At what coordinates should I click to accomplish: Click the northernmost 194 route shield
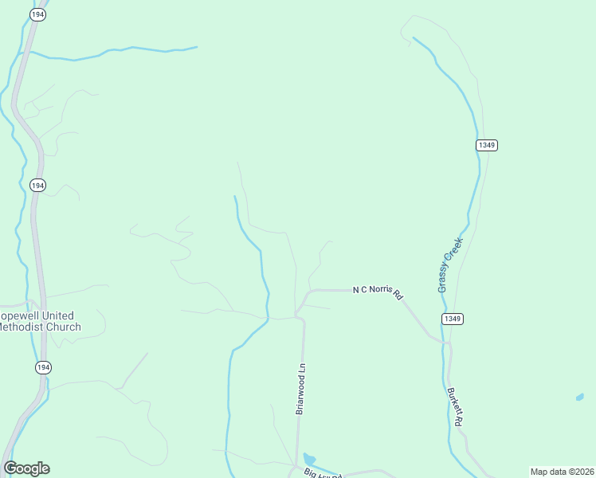coord(37,14)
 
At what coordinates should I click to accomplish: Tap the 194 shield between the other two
coord(37,185)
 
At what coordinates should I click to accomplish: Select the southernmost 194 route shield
coord(43,367)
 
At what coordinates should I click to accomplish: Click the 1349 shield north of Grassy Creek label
coord(487,145)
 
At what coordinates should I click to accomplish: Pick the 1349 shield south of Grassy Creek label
coord(452,319)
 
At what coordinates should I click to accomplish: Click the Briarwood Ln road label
coord(300,389)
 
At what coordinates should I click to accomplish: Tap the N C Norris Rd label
coord(378,292)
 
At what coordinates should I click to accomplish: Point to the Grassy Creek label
coord(450,264)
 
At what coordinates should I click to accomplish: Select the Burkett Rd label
coord(455,407)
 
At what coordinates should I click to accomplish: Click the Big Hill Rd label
coord(323,473)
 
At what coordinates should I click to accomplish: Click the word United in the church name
coord(54,315)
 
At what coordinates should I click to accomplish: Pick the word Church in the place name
coord(64,327)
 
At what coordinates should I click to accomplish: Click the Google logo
coord(26,468)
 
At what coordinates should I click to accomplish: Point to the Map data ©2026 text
coord(562,472)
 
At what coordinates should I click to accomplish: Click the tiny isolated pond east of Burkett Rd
coord(579,396)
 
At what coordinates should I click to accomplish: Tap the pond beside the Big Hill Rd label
coord(308,460)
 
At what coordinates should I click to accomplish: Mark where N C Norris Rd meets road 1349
coord(446,342)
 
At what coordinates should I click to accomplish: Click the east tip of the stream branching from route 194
coord(196,47)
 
